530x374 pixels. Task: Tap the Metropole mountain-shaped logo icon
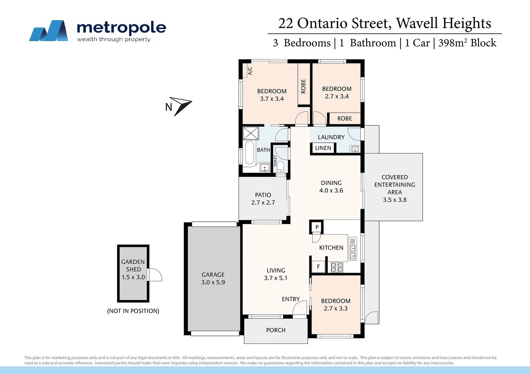click(49, 31)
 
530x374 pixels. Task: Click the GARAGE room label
click(213, 275)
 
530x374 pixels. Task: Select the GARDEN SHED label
click(133, 266)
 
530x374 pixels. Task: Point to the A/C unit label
click(250, 71)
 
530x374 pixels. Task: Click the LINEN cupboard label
click(323, 148)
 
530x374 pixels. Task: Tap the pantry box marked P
click(317, 227)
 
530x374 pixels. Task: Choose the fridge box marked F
click(318, 267)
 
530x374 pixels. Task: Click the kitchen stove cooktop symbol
click(337, 267)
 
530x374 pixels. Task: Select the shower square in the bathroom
click(251, 133)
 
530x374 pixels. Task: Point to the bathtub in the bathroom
click(249, 153)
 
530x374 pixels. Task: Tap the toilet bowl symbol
click(280, 166)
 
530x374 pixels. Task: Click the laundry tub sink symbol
click(355, 149)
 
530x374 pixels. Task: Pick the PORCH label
click(276, 330)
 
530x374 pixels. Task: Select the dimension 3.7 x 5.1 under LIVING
click(276, 278)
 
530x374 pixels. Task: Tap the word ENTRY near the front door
click(291, 299)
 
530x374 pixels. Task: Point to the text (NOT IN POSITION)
click(133, 311)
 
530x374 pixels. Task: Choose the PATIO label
click(263, 195)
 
